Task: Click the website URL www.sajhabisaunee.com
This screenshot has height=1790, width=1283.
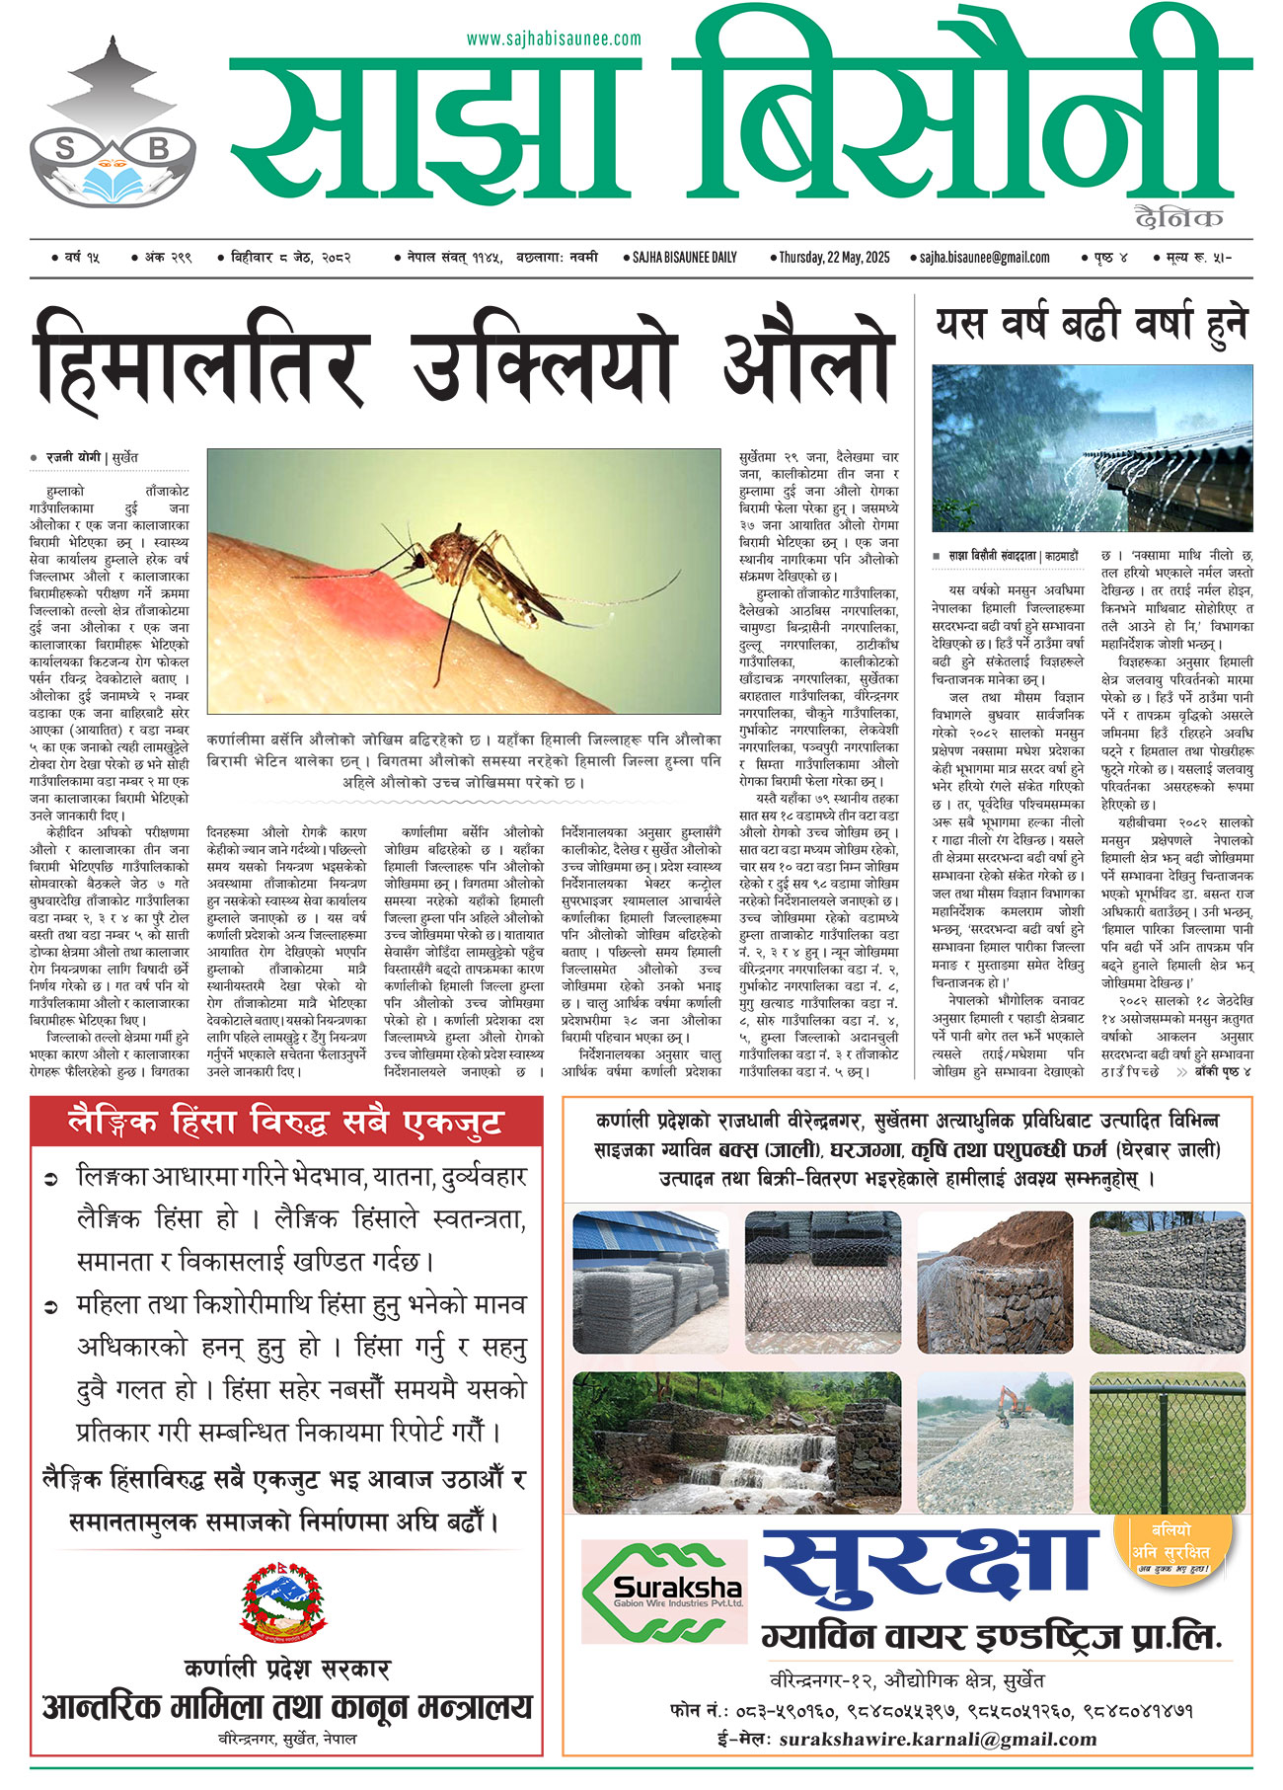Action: pyautogui.click(x=553, y=39)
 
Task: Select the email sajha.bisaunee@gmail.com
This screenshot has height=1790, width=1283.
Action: pyautogui.click(x=984, y=258)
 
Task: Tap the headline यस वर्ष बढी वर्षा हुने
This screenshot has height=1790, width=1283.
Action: pyautogui.click(x=1092, y=324)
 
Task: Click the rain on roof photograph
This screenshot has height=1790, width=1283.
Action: pyautogui.click(x=1092, y=447)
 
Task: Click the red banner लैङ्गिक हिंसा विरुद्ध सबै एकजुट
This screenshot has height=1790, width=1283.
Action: pyautogui.click(x=286, y=1123)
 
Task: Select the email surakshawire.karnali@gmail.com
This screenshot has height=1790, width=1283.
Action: pyautogui.click(x=938, y=1740)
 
